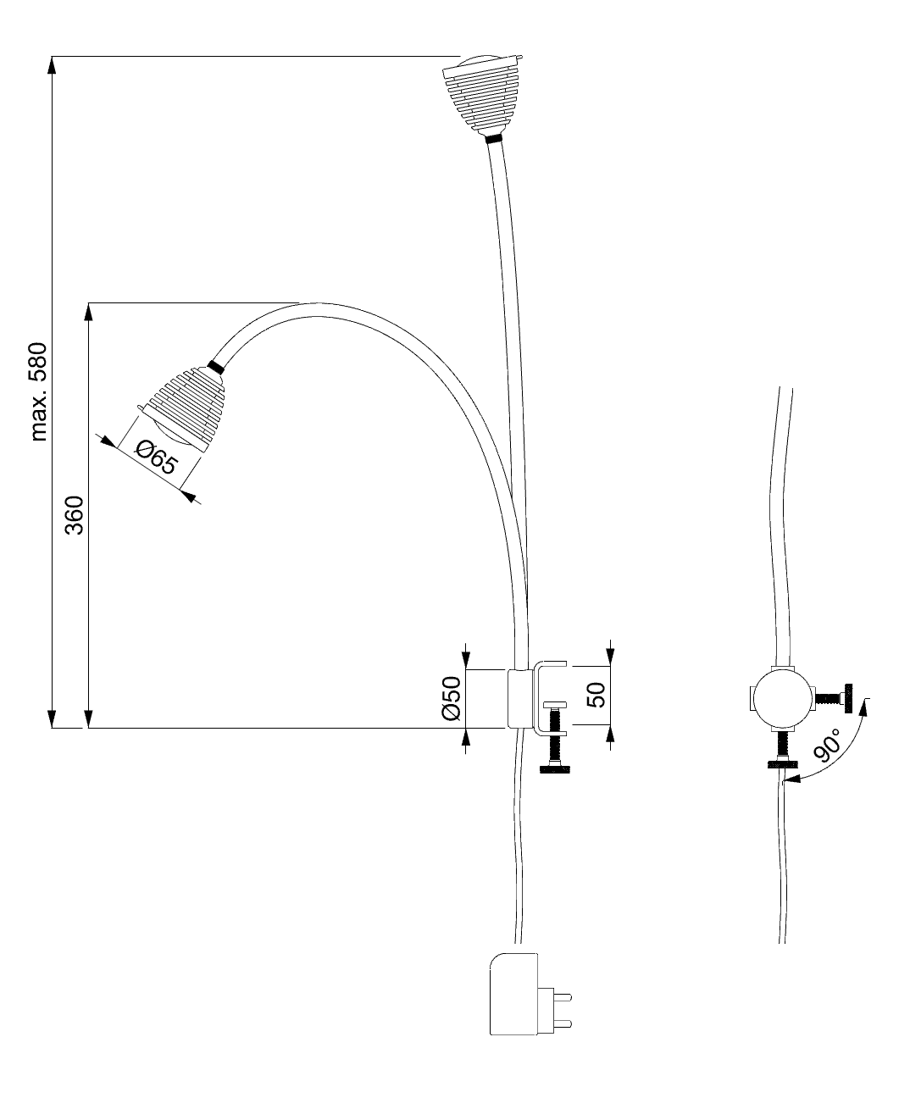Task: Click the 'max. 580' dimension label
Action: [x=39, y=391]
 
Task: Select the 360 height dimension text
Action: [x=75, y=514]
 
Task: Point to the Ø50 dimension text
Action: [x=450, y=698]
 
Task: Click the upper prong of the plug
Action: [x=559, y=996]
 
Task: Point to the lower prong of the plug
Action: [x=559, y=1023]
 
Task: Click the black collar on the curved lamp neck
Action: [x=214, y=366]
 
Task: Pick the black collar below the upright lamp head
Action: [x=493, y=136]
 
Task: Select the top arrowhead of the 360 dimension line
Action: [x=88, y=312]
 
